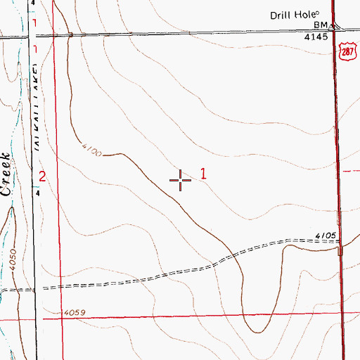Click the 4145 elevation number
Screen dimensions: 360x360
316,37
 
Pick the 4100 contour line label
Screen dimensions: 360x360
91,150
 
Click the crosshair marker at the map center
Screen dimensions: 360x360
181,181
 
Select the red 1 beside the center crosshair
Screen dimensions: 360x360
204,173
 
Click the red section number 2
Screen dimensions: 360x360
42,176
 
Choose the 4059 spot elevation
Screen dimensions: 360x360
73,312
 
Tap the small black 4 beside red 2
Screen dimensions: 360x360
37,191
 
